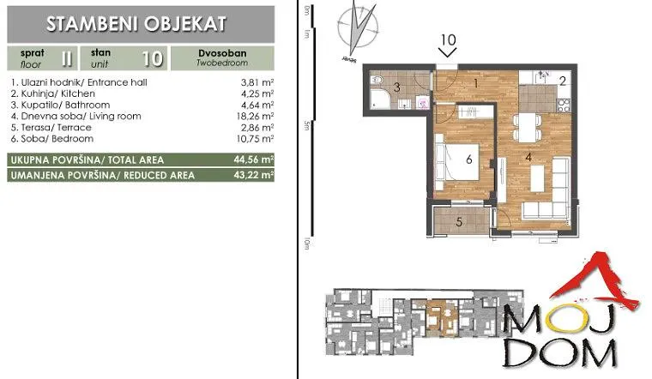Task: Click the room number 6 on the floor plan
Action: coord(469,159)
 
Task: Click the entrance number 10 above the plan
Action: coord(447,39)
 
